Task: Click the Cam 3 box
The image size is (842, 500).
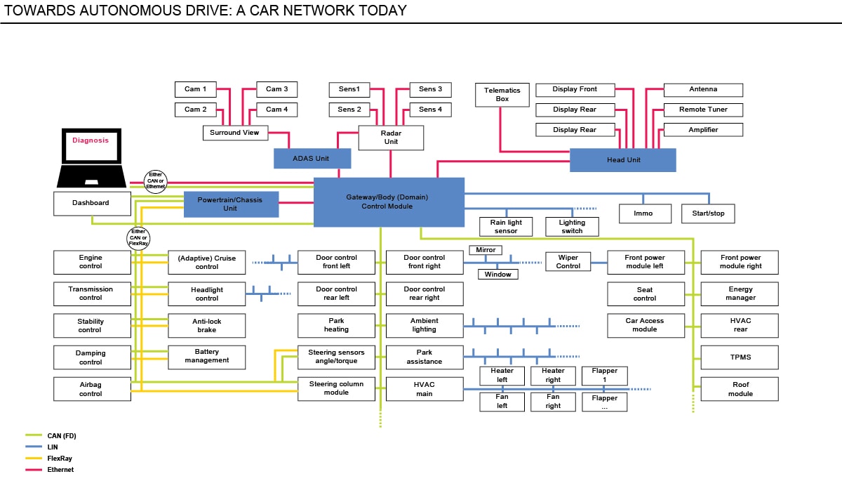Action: click(276, 89)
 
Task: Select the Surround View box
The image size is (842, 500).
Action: click(235, 132)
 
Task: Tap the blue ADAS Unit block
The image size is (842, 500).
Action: click(311, 159)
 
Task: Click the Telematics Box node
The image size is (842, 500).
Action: click(502, 95)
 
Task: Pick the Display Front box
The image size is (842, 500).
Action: click(575, 89)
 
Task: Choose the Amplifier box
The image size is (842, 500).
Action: click(702, 129)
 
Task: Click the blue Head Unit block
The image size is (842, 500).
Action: click(622, 160)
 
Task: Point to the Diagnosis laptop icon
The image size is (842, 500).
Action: click(91, 156)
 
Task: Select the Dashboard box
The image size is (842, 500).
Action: click(91, 203)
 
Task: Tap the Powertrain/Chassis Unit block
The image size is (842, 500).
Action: click(231, 204)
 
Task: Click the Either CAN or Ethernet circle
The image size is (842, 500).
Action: click(155, 180)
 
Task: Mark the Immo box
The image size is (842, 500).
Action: click(643, 213)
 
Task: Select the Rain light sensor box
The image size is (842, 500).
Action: click(506, 227)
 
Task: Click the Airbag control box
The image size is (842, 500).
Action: click(91, 389)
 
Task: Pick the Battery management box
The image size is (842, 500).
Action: click(207, 356)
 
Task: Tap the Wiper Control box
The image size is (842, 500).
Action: click(568, 262)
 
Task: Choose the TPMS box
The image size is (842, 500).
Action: click(740, 357)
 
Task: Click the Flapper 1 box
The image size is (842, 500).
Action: click(604, 376)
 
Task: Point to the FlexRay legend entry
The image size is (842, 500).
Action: click(60, 458)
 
